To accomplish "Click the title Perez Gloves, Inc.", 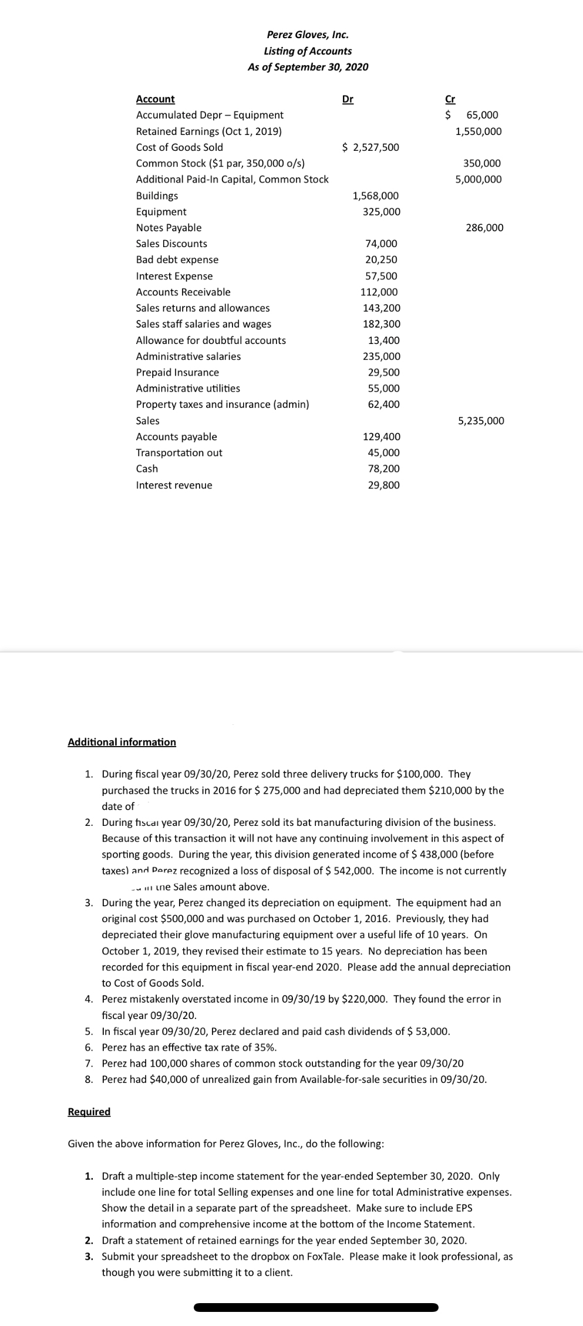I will [308, 35].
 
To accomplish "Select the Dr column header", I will [348, 99].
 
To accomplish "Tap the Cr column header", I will [450, 99].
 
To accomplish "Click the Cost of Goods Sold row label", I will [179, 147].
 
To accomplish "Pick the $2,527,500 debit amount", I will [370, 147].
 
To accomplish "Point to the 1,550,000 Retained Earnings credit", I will [478, 131].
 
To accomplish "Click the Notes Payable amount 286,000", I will [484, 228].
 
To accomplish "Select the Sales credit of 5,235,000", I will [481, 421].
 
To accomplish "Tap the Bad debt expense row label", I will [177, 259].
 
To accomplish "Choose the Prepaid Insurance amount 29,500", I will [383, 372].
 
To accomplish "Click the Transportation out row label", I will [179, 453].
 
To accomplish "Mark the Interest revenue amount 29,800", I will [383, 485].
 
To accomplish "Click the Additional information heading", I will [122, 742].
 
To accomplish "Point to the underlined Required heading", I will [89, 1112].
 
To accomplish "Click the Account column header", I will [155, 99].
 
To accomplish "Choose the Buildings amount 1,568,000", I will [376, 195].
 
